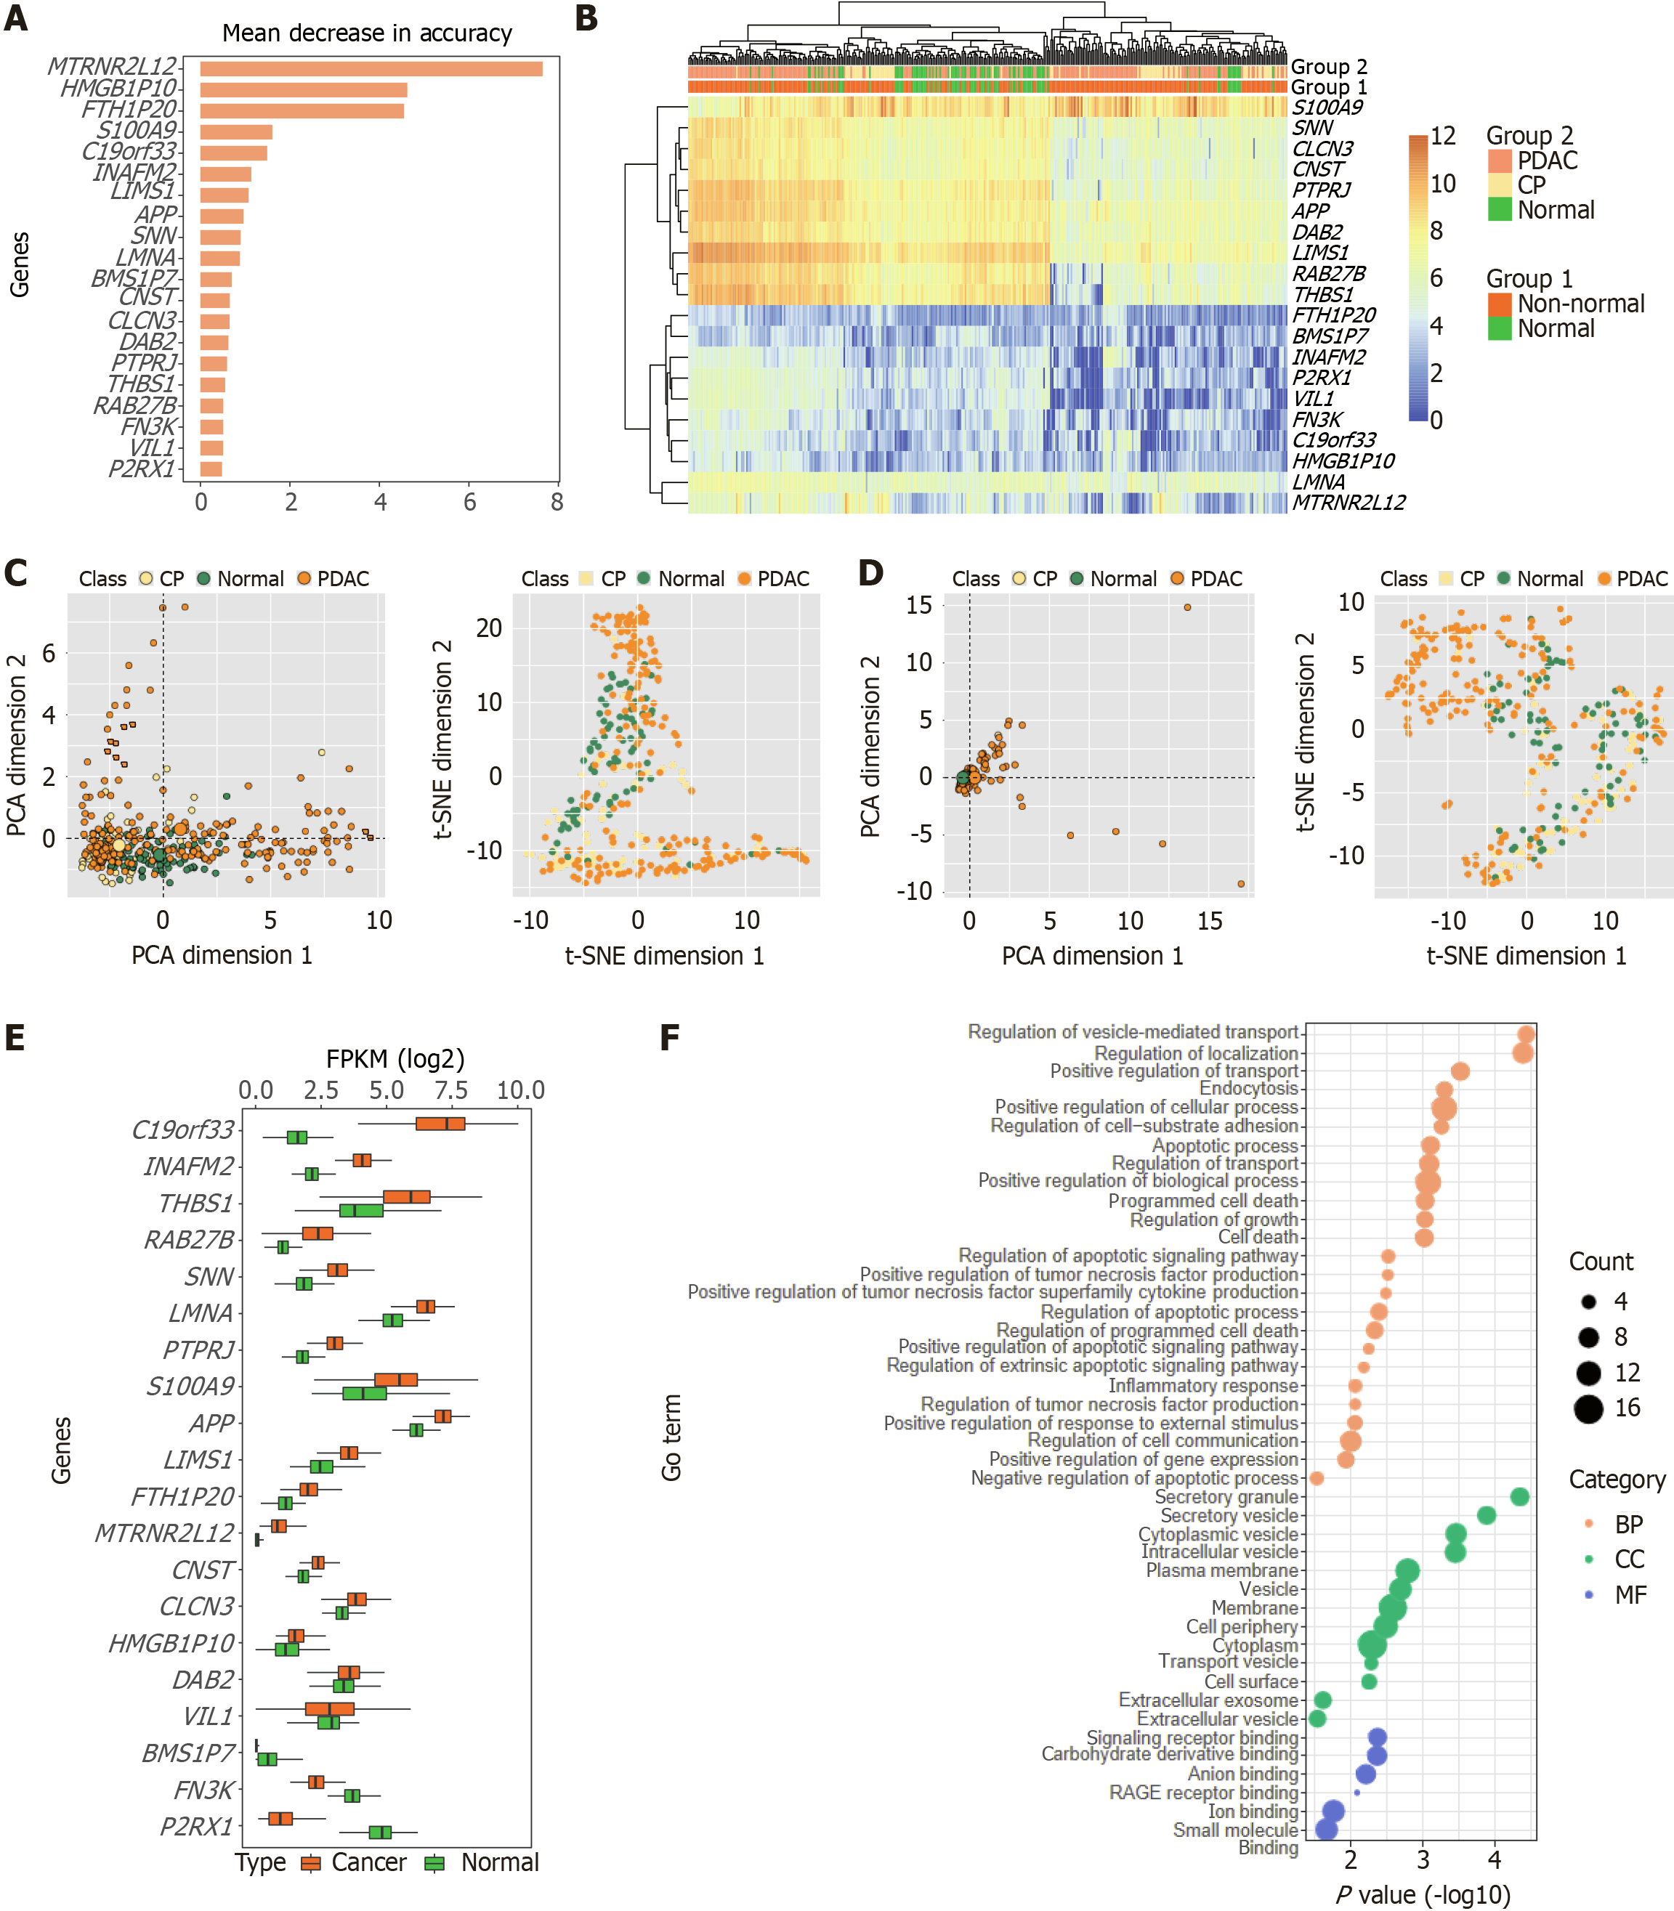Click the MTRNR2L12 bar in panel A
coord(371,68)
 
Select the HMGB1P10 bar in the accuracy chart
coord(303,89)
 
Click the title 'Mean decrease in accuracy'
coord(367,33)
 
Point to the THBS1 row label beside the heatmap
coord(1323,294)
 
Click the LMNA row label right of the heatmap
coord(1318,482)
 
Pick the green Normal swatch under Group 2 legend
coord(1500,209)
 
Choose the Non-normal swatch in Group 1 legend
coord(1500,304)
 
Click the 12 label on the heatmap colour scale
coord(1442,137)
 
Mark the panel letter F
coord(669,1038)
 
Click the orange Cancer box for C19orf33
coord(441,1123)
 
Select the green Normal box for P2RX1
coord(380,1832)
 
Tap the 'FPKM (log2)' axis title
coord(395,1058)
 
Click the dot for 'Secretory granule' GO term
coord(1519,1496)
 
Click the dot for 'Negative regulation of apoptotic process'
coord(1317,1477)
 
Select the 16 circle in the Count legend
coord(1588,1408)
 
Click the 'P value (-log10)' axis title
coord(1423,1894)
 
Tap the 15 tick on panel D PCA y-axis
coord(919,605)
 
